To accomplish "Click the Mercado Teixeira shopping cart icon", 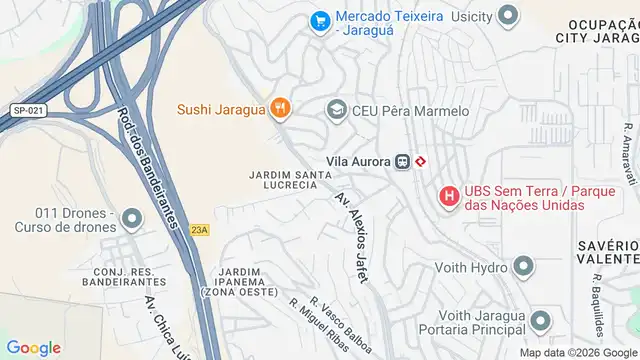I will click(320, 20).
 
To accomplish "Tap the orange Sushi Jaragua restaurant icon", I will click(280, 108).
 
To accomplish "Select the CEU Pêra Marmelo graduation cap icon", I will click(336, 109).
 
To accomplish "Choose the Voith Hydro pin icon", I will click(523, 266).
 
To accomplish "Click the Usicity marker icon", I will click(509, 15).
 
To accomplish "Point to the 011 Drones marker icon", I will click(132, 217).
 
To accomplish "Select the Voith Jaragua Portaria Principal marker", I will click(541, 320).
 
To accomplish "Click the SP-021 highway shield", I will click(26, 111).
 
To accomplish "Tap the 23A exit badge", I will click(200, 230).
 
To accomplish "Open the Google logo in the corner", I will click(34, 347).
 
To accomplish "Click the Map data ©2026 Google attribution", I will click(577, 353).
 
